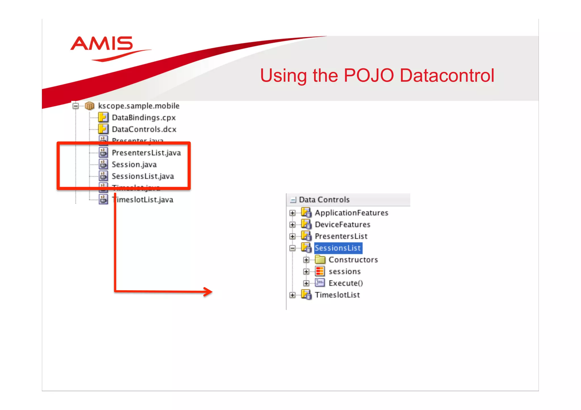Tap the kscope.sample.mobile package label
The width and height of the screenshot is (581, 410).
click(x=139, y=106)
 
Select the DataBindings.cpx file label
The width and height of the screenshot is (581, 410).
click(x=144, y=118)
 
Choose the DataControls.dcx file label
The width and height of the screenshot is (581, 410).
click(x=144, y=129)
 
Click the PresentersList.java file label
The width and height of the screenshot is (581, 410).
click(x=146, y=153)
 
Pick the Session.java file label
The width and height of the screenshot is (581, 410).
click(x=134, y=165)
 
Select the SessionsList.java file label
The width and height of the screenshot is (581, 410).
click(x=143, y=176)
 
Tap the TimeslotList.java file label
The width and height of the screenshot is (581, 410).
click(x=143, y=200)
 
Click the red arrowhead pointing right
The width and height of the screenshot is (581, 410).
click(x=209, y=292)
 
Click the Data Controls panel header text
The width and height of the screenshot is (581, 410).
click(x=324, y=200)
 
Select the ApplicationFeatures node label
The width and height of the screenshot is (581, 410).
click(x=351, y=213)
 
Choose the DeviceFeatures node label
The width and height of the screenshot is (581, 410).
click(x=342, y=225)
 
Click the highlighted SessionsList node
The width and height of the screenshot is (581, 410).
click(x=338, y=248)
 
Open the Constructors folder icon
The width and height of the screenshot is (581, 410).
click(x=320, y=260)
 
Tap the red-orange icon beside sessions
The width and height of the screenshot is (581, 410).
click(x=320, y=271)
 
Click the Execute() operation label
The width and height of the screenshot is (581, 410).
click(x=346, y=283)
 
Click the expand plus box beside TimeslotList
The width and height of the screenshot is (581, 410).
click(x=292, y=295)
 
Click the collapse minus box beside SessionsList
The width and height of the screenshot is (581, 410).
click(x=292, y=248)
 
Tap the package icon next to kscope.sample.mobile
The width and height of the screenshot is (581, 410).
click(x=90, y=106)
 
